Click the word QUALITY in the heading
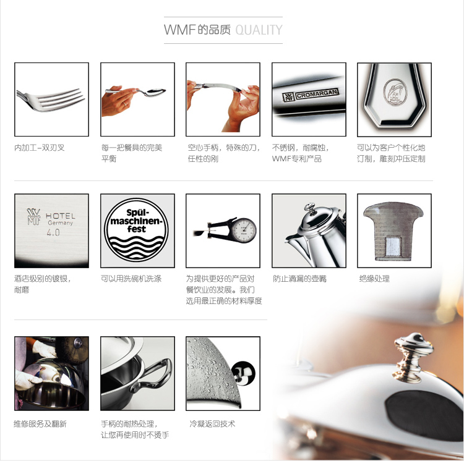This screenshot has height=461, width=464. click(259, 30)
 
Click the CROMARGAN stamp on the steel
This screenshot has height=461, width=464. click(317, 95)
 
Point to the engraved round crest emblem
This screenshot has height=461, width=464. click(395, 92)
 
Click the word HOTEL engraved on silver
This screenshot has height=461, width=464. click(61, 216)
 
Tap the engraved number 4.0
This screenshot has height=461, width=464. click(53, 232)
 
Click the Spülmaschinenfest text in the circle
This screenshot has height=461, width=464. click(137, 221)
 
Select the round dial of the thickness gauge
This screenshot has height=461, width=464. click(244, 230)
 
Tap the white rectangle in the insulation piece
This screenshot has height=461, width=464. click(393, 246)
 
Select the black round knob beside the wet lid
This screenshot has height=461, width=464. click(243, 373)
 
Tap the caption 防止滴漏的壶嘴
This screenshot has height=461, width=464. click(299, 279)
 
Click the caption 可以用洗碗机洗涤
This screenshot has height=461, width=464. click(131, 279)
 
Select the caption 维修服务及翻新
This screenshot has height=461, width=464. click(40, 424)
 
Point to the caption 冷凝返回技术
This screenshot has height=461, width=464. click(212, 424)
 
